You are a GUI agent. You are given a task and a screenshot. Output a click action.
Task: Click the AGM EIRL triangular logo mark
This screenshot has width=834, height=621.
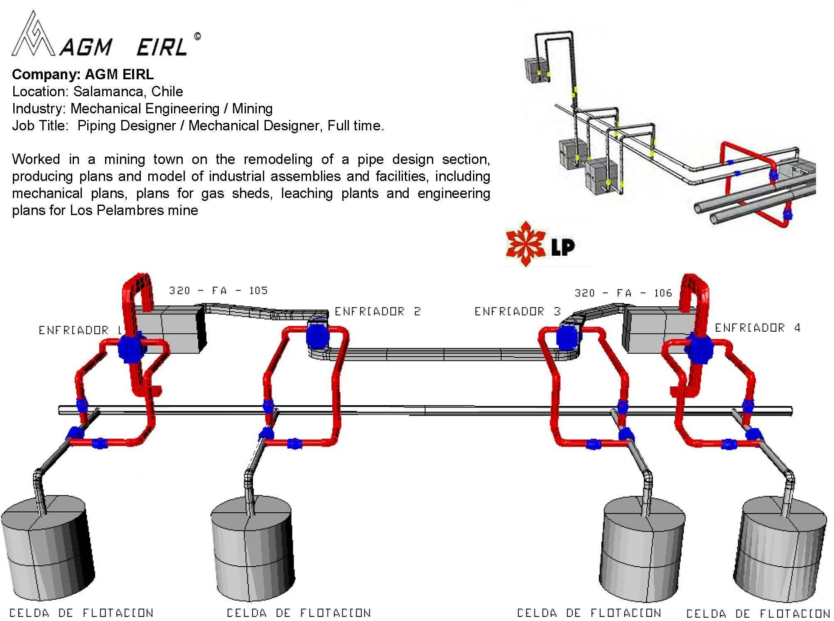point(33,35)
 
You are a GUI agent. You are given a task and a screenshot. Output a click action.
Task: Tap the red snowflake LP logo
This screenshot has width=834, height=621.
point(525,244)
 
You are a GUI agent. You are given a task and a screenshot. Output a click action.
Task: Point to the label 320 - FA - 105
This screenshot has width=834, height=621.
point(218,290)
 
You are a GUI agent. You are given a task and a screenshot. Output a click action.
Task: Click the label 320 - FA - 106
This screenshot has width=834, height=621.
point(623,293)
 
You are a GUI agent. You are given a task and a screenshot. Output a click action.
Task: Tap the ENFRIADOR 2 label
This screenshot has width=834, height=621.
point(378,311)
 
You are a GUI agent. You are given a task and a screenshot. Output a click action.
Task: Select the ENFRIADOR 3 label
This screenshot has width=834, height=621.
point(518,311)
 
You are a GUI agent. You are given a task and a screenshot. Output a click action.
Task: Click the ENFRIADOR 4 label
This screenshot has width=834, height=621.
point(758,328)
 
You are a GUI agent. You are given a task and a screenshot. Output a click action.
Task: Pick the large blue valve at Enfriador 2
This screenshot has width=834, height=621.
point(318,336)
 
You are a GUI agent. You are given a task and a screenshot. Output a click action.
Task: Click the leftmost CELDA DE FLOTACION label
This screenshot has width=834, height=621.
point(81,613)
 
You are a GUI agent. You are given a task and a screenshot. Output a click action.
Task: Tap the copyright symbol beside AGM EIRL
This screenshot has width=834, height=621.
point(197,37)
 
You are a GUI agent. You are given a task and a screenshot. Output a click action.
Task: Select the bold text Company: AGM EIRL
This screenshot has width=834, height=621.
point(83,74)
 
